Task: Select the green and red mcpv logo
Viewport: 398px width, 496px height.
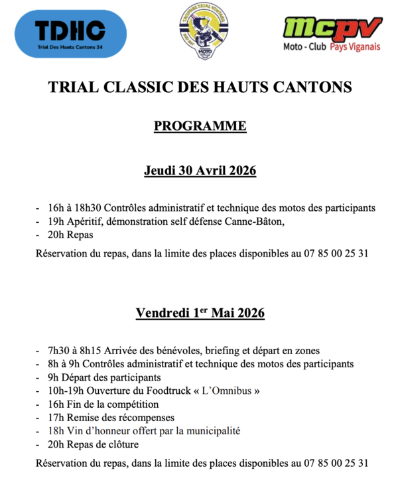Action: (333, 29)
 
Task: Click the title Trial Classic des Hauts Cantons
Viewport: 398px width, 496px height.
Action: (200, 87)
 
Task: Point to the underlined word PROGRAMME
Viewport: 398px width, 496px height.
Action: (200, 126)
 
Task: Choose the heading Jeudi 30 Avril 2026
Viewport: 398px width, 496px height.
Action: (200, 170)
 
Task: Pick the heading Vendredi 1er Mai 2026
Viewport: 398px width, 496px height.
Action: (200, 312)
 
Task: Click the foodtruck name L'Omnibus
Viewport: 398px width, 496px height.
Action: (226, 391)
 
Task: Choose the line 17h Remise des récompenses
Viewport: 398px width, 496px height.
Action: (111, 418)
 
